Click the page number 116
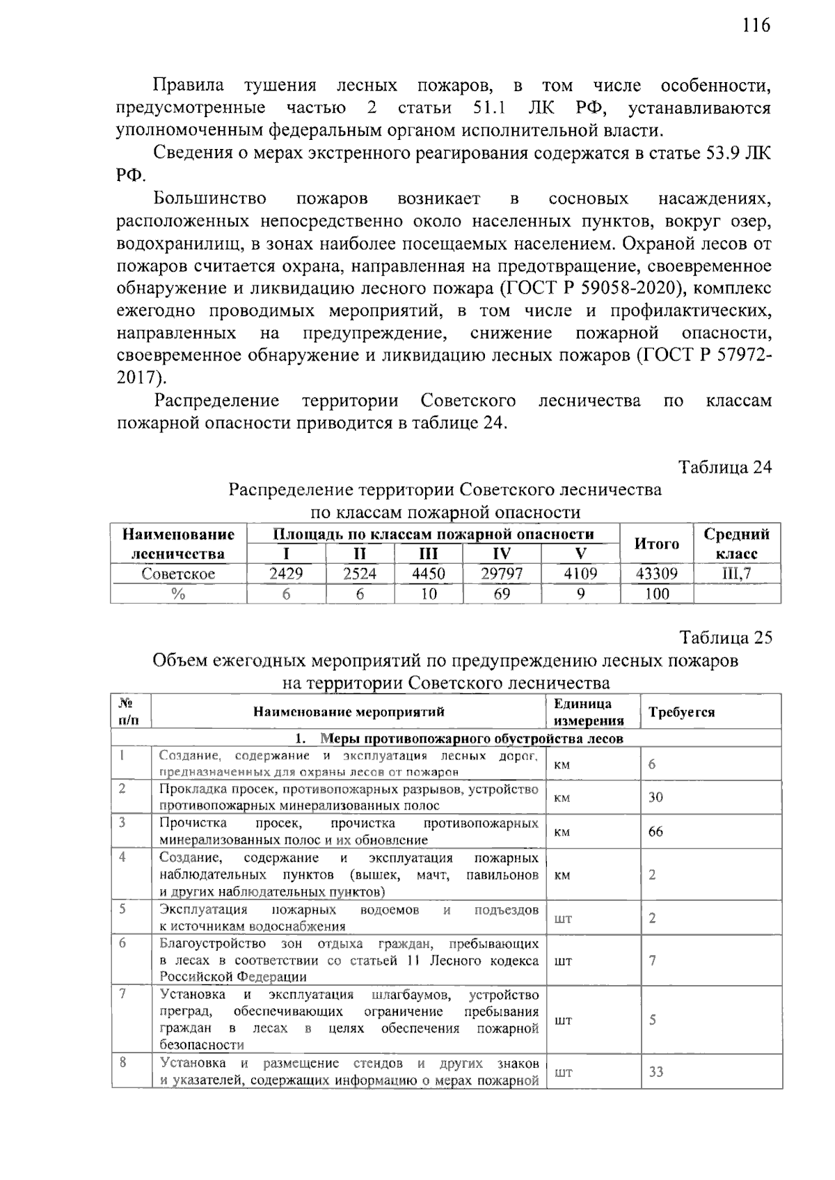756,26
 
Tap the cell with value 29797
501,574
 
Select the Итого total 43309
656,574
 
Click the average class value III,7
736,574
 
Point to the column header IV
501,554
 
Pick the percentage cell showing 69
501,594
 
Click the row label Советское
178,574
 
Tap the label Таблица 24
725,466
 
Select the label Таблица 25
725,638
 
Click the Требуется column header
681,712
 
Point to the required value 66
655,831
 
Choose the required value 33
655,1071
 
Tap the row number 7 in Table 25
122,993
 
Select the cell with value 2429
286,574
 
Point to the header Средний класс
736,544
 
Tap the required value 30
655,797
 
